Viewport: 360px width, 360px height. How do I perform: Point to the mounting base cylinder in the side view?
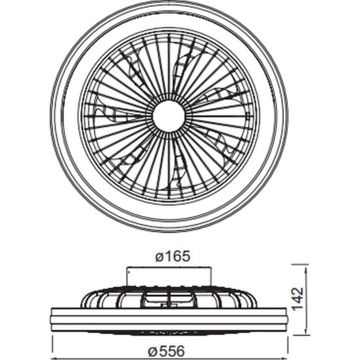click(169, 277)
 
